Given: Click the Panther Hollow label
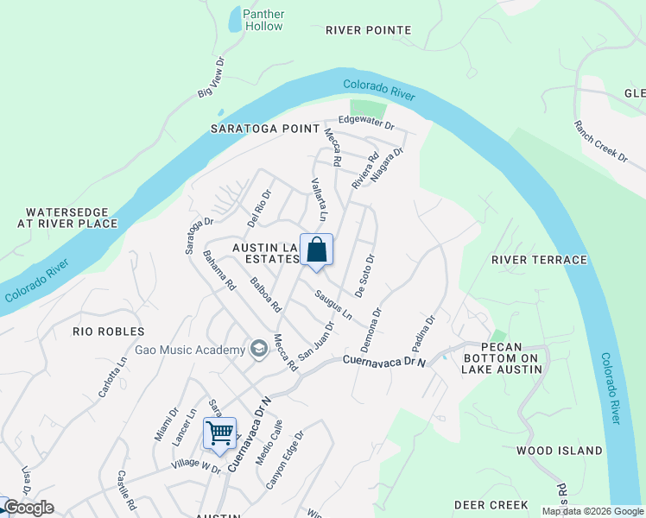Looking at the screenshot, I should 263,20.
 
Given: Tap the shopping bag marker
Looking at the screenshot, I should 317,250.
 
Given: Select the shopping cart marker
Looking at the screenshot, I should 220,431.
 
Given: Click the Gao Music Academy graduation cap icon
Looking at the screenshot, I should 257,349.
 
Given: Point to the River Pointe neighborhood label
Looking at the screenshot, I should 368,30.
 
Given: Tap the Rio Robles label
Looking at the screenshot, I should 108,332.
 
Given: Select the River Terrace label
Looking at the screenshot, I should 539,260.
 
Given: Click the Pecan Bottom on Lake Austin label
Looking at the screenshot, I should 504,358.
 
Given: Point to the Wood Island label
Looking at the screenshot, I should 560,451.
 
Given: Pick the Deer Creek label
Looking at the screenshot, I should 491,504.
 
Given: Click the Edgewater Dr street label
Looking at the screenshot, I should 366,124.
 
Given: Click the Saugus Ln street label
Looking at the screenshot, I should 333,305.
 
